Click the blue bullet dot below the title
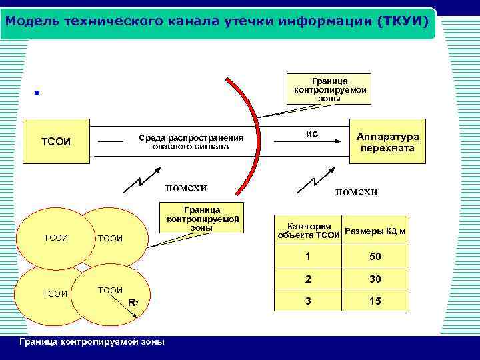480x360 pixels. click(x=37, y=93)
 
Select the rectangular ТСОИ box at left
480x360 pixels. click(x=56, y=142)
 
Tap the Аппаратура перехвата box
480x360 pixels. click(x=388, y=141)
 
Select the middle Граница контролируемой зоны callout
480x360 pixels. click(x=203, y=219)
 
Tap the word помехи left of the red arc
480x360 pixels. click(x=186, y=187)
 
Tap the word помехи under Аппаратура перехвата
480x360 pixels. click(x=356, y=191)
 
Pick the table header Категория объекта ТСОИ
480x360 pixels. click(x=309, y=231)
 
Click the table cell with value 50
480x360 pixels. click(x=375, y=257)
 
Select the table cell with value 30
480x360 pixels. click(x=375, y=279)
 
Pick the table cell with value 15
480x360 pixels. click(x=375, y=301)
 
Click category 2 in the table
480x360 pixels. click(x=307, y=279)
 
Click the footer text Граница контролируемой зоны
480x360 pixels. click(x=93, y=341)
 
